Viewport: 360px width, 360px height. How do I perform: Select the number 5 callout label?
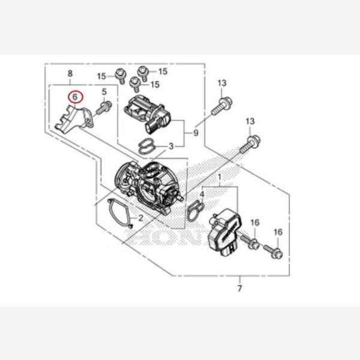pos(104,92)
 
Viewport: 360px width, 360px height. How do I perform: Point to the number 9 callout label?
pos(195,131)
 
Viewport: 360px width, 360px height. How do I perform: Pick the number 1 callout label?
pos(220,178)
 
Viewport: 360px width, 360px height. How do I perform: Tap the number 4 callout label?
pos(202,194)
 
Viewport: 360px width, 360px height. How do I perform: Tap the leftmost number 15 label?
pos(101,76)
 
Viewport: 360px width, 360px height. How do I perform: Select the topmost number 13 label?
pos(222,83)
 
